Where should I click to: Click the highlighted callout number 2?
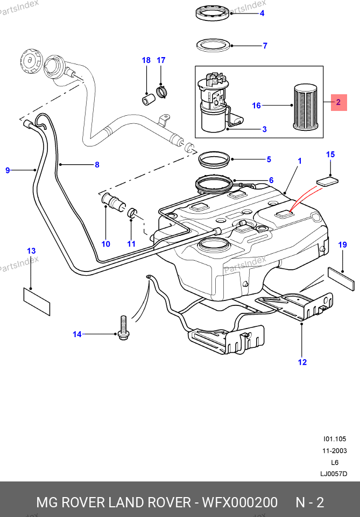click(x=338, y=101)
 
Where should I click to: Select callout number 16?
click(x=256, y=106)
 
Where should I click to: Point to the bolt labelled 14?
click(x=123, y=330)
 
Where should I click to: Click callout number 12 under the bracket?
click(x=302, y=362)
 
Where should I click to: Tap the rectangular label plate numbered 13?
click(x=37, y=301)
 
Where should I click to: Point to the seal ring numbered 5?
click(x=215, y=159)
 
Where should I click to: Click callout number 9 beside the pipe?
click(x=8, y=171)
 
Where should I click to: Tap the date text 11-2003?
click(x=334, y=451)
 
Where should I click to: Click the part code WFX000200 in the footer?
click(x=239, y=502)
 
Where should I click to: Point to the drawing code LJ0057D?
click(x=334, y=474)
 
